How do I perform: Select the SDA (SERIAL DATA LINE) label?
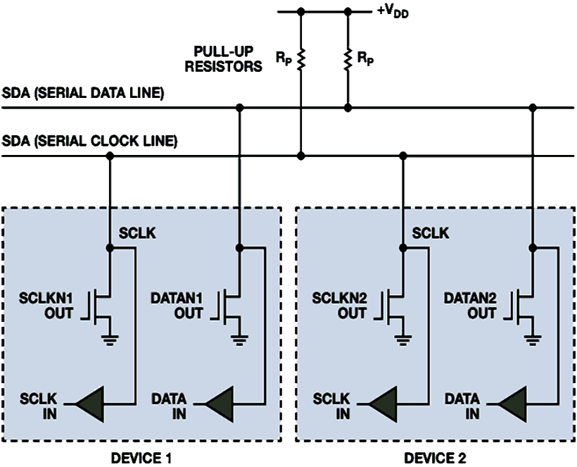point(83,94)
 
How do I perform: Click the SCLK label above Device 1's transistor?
point(134,232)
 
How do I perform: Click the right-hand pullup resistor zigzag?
point(347,61)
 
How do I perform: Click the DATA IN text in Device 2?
point(462,406)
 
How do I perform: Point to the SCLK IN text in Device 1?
point(42,406)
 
